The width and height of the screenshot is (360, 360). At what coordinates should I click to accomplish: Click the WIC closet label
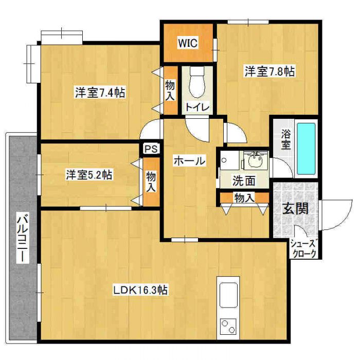pyautogui.click(x=188, y=44)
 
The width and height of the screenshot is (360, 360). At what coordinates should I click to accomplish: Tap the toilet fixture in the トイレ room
pyautogui.click(x=195, y=82)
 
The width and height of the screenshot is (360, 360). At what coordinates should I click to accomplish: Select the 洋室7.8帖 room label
pyautogui.click(x=269, y=72)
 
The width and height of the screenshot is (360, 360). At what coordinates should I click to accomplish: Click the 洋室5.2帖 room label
pyautogui.click(x=89, y=175)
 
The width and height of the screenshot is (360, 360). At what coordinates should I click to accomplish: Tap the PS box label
pyautogui.click(x=151, y=149)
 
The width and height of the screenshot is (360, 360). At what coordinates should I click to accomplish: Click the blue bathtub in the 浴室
pyautogui.click(x=307, y=148)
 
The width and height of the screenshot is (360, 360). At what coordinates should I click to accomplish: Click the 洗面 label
pyautogui.click(x=244, y=181)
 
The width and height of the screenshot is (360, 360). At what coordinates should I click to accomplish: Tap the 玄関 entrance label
pyautogui.click(x=295, y=209)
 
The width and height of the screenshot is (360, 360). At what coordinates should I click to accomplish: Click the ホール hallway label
pyautogui.click(x=189, y=161)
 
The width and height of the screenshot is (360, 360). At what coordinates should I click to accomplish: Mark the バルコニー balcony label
pyautogui.click(x=22, y=238)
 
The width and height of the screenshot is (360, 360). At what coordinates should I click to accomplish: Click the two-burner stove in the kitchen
pyautogui.click(x=227, y=328)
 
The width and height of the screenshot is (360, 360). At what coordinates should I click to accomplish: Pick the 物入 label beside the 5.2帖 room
pyautogui.click(x=151, y=181)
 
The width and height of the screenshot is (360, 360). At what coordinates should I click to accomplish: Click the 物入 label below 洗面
pyautogui.click(x=244, y=197)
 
